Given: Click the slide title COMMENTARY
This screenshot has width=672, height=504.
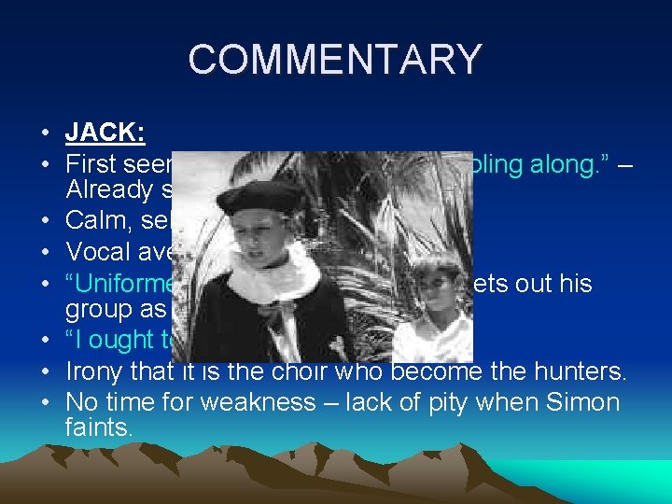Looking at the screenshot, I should click(x=335, y=60).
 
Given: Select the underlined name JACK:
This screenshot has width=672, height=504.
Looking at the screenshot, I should click(x=105, y=133).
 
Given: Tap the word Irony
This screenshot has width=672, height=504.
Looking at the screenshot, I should click(x=94, y=373).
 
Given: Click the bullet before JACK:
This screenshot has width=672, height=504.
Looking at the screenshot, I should click(x=47, y=133).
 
